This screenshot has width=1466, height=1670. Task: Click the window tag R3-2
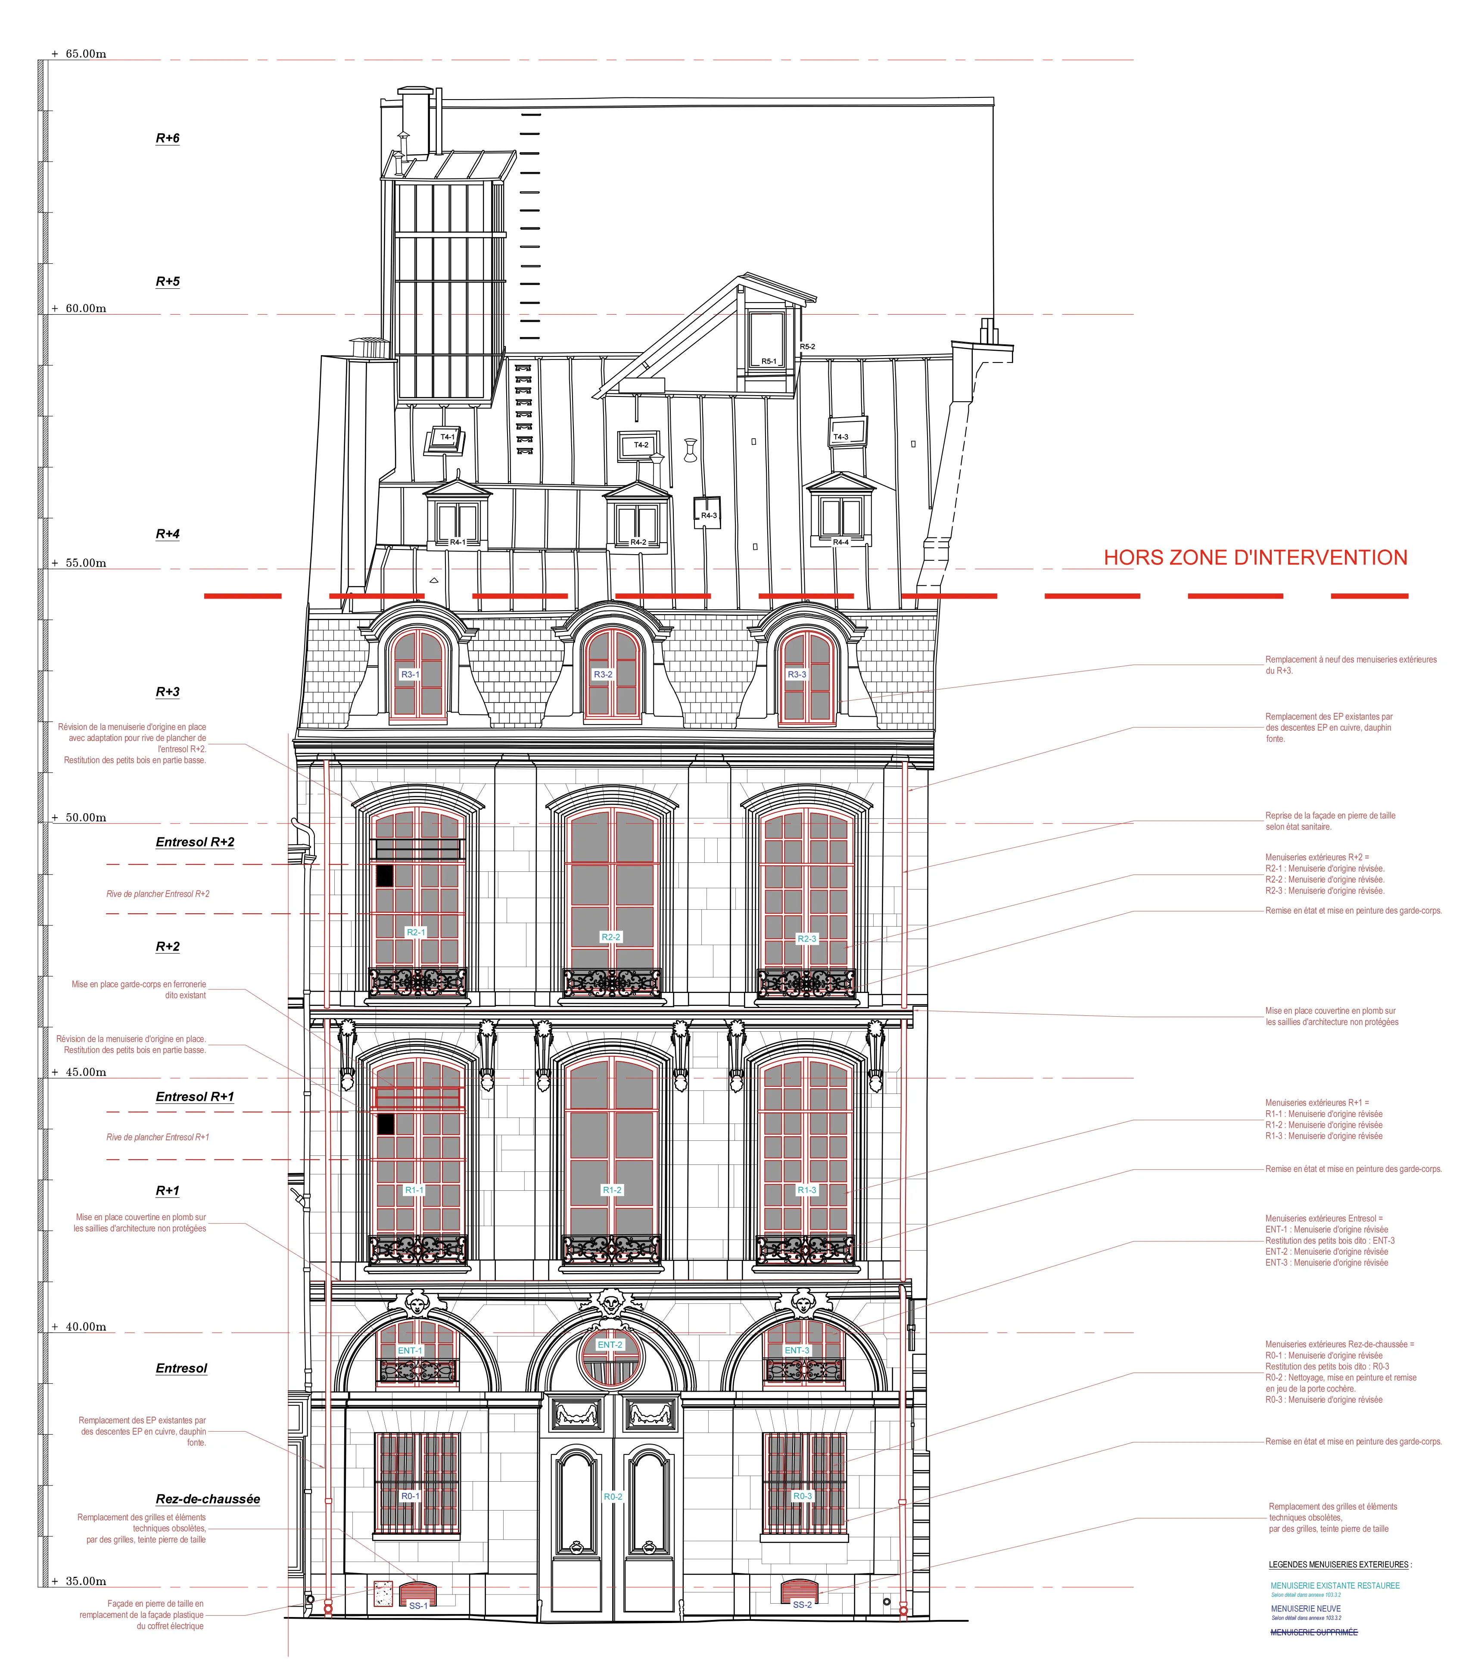[x=603, y=674]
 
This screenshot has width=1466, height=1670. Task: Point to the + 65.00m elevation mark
[x=79, y=54]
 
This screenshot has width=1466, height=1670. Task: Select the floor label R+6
[x=168, y=138]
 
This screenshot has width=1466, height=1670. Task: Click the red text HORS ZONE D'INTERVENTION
[x=1255, y=557]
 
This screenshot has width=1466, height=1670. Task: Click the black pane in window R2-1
[x=385, y=876]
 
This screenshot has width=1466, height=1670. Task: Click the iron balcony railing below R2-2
[x=612, y=983]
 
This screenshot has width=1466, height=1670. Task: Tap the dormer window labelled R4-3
[x=707, y=512]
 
